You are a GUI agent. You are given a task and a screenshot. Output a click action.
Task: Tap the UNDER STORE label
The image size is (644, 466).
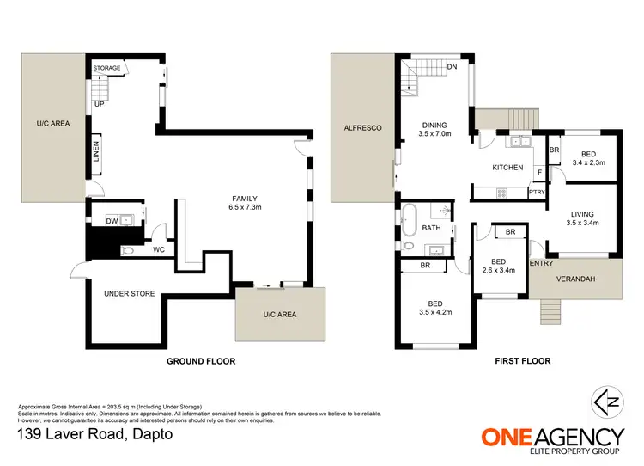pos(129,294)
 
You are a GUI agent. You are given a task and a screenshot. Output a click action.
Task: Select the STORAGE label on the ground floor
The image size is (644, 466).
pos(107,66)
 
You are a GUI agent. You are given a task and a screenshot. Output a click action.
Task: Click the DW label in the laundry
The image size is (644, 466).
pos(111,221)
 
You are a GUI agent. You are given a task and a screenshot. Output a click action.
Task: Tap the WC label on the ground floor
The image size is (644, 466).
pos(159,250)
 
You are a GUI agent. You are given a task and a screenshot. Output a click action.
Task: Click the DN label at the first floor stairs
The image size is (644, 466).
pos(453,66)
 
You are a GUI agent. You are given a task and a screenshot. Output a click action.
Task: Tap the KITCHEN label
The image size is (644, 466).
pos(507,168)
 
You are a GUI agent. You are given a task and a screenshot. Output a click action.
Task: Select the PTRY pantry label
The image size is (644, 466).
pos(537,193)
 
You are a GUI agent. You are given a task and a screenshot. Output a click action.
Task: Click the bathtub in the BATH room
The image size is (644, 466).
pos(410,218)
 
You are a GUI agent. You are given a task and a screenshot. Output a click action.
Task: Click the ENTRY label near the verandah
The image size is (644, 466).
pos(542,263)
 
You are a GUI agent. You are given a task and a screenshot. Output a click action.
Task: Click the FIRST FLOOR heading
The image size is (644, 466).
pos(522,361)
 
